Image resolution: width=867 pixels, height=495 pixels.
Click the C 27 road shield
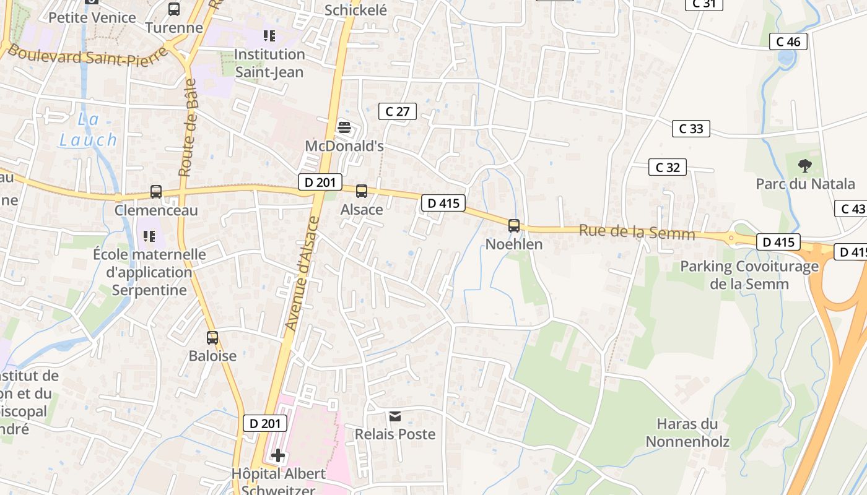(x=397, y=111)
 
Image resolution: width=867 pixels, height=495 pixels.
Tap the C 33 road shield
(x=691, y=129)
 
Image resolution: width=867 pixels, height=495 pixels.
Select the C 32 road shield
(x=667, y=167)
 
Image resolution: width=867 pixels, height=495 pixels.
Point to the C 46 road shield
(x=788, y=41)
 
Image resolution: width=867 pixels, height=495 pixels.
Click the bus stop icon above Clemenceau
(x=156, y=192)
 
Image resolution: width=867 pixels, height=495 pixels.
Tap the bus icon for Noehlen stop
(x=514, y=226)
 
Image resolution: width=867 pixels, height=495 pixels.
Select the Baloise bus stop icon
(x=212, y=338)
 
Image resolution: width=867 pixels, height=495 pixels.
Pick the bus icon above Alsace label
(x=362, y=191)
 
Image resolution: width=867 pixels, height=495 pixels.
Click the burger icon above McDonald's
(x=344, y=128)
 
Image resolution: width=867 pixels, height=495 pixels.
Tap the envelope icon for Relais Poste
(x=395, y=416)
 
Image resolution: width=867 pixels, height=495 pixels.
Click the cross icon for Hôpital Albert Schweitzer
(x=278, y=456)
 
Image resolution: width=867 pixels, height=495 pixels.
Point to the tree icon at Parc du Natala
(x=804, y=165)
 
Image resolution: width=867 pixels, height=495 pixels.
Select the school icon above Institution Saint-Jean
(x=269, y=36)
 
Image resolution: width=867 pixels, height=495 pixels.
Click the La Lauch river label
(x=88, y=129)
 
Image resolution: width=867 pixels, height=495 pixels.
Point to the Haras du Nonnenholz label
(x=687, y=433)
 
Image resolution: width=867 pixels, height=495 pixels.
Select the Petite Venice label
(x=92, y=17)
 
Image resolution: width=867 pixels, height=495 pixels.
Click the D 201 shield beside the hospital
(x=265, y=423)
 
